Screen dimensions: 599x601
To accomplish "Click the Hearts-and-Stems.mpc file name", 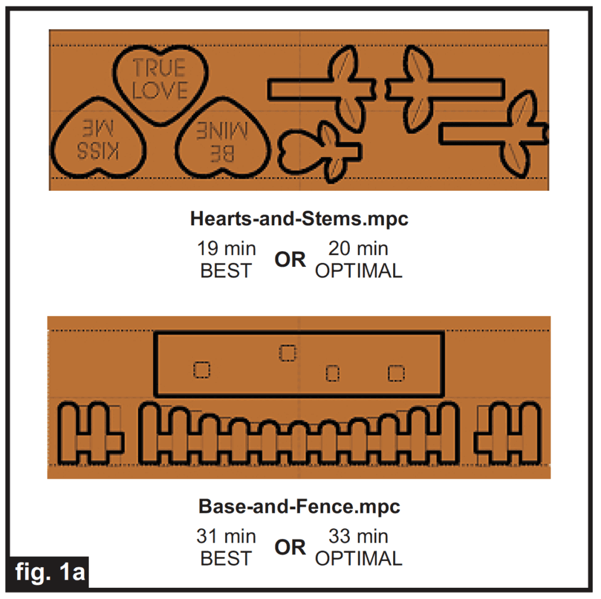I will point(299,219).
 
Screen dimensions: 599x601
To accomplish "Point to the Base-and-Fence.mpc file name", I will point(299,506).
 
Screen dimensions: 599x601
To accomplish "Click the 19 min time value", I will point(226,249).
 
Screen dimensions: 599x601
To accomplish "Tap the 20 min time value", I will point(358,249).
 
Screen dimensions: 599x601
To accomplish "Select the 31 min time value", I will point(226,536).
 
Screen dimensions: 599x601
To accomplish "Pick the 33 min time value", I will point(358,536).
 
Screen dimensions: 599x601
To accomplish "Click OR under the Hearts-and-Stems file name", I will point(290,260).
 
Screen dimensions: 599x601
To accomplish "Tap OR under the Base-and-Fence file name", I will point(290,547).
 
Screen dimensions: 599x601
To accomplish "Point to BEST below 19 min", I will point(226,271).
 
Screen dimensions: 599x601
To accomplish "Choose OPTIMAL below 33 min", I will point(359,559).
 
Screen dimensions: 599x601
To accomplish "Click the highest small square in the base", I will point(288,353).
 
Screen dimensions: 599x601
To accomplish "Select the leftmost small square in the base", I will point(201,370).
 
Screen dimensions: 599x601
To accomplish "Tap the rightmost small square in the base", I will point(396,373).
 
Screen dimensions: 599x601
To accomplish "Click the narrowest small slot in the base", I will point(333,373).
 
